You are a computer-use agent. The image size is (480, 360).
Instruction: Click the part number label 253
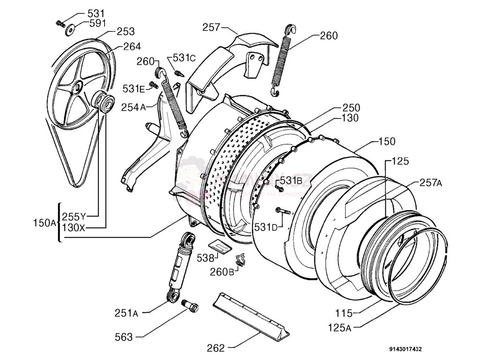point(126,31)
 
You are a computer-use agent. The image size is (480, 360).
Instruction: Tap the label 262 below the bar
point(216,348)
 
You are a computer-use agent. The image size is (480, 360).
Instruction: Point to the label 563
point(124,337)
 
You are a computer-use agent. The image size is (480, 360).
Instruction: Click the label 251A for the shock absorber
point(125,313)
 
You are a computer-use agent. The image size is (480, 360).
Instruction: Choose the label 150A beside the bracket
point(45,223)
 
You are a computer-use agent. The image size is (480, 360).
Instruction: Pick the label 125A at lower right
point(339,328)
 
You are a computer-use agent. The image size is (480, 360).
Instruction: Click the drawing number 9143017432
point(405,349)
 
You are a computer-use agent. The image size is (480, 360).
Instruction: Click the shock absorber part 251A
point(179,267)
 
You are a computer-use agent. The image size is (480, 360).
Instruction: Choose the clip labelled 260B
point(241,259)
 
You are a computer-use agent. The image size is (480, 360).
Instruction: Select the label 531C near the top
point(184,58)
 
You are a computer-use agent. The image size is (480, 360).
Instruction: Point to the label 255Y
point(74,217)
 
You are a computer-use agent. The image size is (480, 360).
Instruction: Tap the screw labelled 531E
point(153,85)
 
